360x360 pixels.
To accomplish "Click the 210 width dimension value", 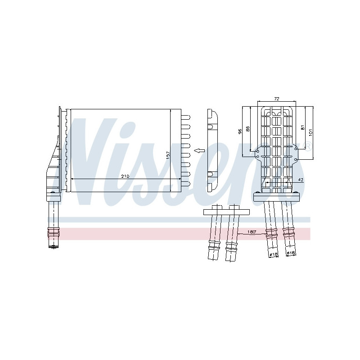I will tap(125, 176).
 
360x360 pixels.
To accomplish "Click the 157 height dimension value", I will tap(168, 154).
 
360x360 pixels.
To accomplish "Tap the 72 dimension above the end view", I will tap(277, 98).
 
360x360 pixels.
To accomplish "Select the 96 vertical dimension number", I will tap(240, 130).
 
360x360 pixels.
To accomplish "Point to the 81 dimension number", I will tap(303, 127).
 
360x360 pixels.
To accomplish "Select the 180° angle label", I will tap(252, 231).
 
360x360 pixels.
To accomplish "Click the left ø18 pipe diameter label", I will tap(273, 255).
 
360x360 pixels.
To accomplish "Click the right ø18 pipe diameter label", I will tap(291, 253).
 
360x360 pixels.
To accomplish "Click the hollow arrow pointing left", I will tap(198, 151).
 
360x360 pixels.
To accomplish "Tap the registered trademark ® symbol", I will tap(308, 145).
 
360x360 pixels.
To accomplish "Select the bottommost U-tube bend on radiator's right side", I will tap(185, 183).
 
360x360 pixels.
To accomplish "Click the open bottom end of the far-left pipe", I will tap(54, 247).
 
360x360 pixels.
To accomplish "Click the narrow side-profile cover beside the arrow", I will tap(212, 144).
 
